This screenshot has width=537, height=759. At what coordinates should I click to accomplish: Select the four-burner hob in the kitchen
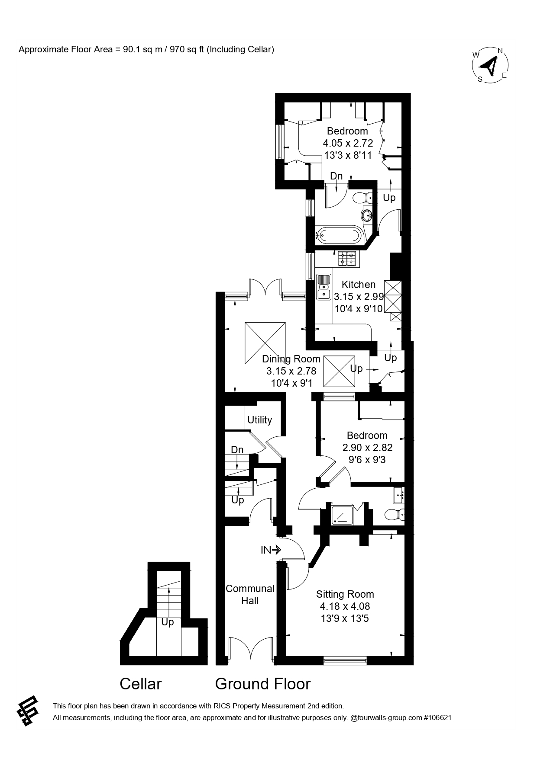347,259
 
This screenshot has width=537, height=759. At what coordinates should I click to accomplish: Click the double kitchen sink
323,287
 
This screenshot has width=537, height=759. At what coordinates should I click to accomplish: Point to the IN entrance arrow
271,550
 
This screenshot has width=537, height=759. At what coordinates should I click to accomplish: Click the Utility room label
259,420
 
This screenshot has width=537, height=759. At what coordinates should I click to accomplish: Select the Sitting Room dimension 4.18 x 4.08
345,606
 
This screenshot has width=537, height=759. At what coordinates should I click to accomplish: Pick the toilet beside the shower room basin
394,515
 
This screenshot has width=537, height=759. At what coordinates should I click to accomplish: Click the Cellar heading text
140,684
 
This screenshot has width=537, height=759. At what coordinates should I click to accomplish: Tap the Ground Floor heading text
263,684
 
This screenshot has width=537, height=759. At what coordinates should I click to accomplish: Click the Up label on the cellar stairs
168,622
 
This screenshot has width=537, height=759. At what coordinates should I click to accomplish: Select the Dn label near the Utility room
237,450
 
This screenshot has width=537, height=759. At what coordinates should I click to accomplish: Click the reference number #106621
437,717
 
